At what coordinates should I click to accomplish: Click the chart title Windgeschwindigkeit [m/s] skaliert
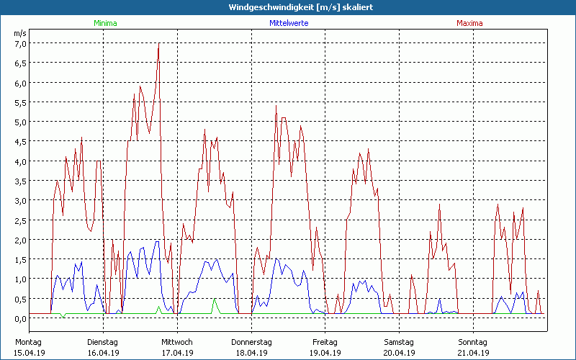[289, 7]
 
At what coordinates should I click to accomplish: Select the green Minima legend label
[105, 23]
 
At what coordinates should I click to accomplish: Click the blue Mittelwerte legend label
[289, 23]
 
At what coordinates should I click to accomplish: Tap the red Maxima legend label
[469, 23]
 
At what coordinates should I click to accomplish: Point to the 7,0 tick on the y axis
[20, 43]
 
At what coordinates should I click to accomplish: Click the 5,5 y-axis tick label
[20, 102]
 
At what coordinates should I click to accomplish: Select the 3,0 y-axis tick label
[20, 200]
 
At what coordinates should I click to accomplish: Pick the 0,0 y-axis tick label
[20, 318]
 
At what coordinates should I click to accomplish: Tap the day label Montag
[28, 342]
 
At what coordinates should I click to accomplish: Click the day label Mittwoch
[177, 342]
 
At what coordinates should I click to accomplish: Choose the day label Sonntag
[472, 342]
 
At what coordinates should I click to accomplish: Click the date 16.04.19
[102, 353]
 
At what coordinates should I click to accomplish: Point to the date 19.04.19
[325, 353]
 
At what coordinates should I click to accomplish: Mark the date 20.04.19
[399, 353]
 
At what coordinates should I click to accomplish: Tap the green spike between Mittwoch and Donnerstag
[214, 302]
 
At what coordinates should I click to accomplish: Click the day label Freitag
[325, 342]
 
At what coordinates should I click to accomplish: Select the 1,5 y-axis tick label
[20, 259]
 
